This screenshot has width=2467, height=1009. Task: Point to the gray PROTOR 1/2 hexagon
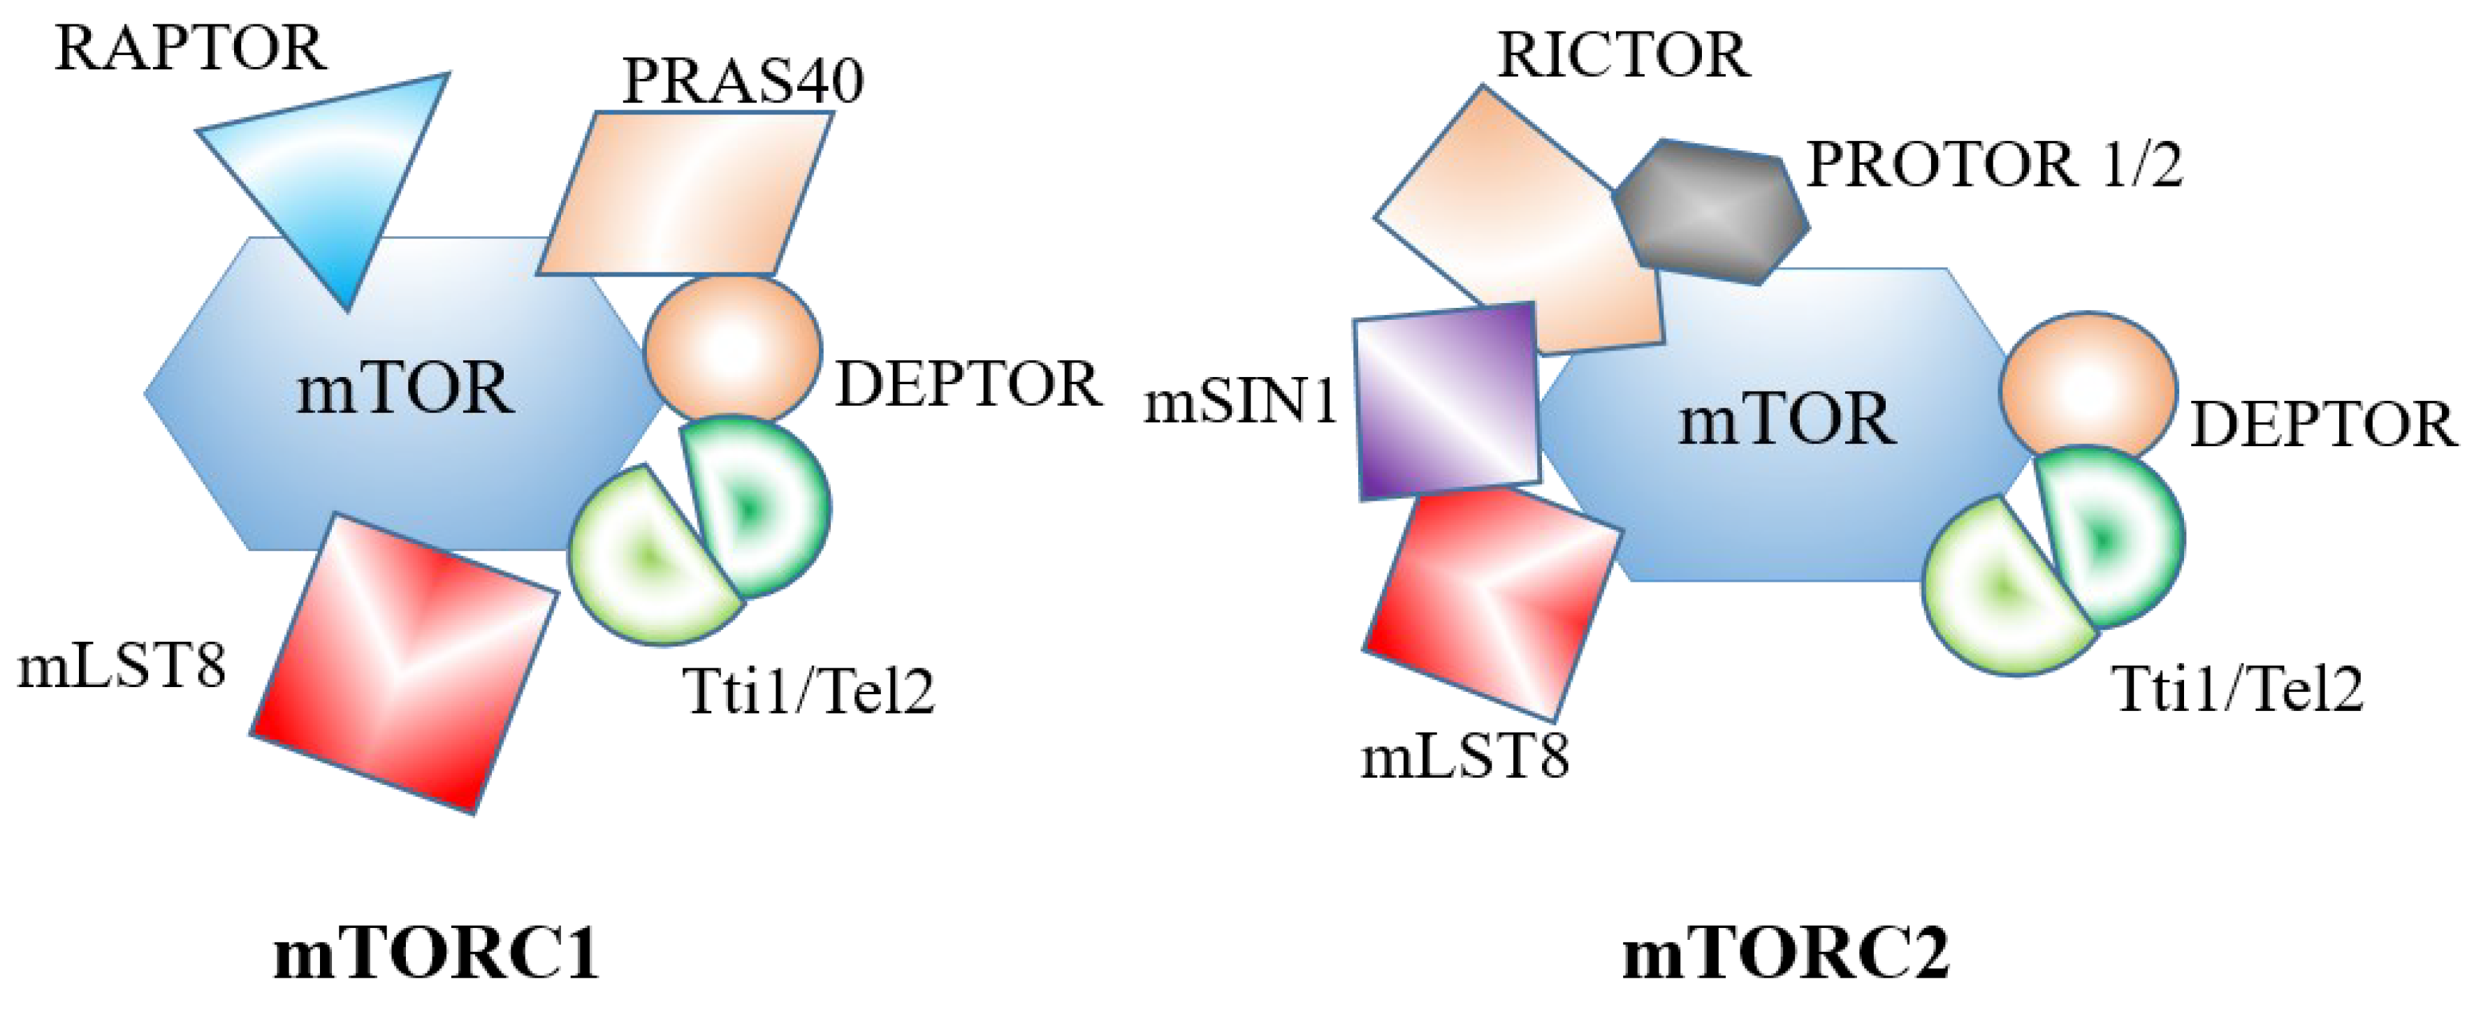pyautogui.click(x=1710, y=212)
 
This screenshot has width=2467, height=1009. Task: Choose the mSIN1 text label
pyautogui.click(x=1241, y=402)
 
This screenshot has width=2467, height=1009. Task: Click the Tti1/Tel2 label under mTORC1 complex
pyautogui.click(x=808, y=691)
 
